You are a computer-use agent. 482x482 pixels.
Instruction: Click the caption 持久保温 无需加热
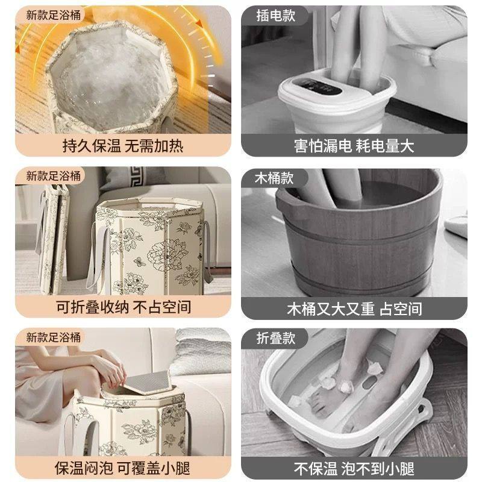123,146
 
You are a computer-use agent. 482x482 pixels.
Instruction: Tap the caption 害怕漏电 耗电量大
354,146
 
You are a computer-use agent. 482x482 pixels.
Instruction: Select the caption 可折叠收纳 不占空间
124,307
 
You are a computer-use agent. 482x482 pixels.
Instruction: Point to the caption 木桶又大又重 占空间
354,308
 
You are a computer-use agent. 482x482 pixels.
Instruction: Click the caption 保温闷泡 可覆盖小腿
122,468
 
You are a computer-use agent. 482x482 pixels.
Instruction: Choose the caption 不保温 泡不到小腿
354,469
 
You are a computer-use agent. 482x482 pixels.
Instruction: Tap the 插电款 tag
276,16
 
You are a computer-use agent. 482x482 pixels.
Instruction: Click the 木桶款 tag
274,178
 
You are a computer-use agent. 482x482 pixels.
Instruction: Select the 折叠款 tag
276,338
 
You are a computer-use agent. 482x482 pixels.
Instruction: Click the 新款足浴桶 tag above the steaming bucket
53,14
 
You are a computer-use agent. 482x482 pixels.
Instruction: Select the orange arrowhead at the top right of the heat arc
199,23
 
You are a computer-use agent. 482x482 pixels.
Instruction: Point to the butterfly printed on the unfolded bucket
140,261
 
